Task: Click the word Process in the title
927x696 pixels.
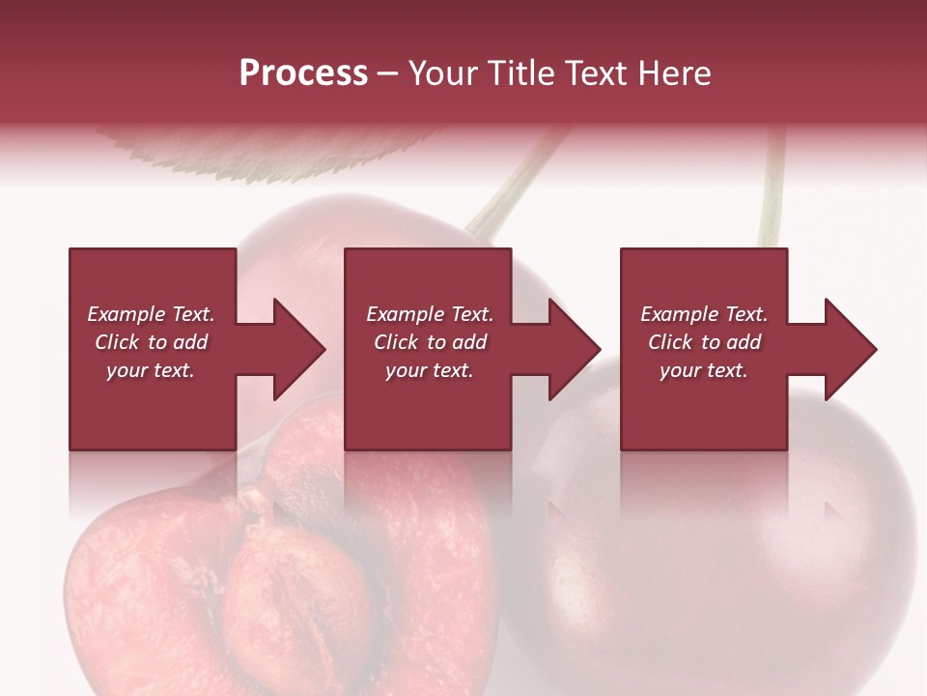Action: coord(303,73)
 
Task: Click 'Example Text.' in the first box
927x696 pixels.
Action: coord(151,314)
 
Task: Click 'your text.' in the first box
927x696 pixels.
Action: coord(151,370)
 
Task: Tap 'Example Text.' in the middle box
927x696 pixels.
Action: coord(429,314)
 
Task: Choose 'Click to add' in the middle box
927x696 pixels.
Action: coord(429,342)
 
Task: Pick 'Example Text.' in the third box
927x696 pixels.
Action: coord(704,314)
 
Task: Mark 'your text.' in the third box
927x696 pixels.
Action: coord(704,370)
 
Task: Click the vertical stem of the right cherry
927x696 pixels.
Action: coord(771,193)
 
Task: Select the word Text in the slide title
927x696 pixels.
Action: coord(596,73)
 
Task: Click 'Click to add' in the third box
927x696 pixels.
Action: coord(704,342)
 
